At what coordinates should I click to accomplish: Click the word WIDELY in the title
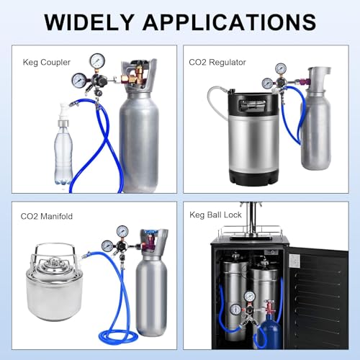click(89, 22)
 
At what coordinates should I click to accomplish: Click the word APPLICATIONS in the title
click(230, 22)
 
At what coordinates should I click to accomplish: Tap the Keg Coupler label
click(47, 63)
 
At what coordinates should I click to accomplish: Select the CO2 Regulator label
click(217, 63)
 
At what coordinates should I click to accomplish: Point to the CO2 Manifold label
click(47, 216)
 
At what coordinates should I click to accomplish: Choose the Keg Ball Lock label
click(215, 215)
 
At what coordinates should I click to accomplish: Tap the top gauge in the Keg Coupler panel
click(97, 61)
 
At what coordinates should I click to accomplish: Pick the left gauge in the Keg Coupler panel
click(79, 80)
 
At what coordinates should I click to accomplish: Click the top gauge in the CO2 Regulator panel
click(281, 68)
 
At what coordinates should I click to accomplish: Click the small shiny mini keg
click(53, 283)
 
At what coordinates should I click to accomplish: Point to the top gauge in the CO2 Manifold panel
click(122, 231)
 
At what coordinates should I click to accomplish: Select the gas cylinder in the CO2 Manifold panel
click(152, 288)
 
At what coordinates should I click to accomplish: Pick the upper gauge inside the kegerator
click(250, 297)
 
